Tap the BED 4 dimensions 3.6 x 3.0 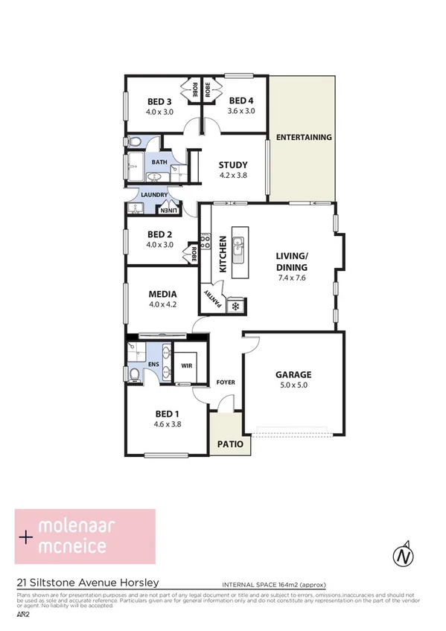pos(241,111)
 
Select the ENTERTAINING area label pos(302,138)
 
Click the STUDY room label pos(232,165)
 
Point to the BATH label pos(159,161)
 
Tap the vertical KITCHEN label pos(222,253)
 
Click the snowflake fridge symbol pos(238,305)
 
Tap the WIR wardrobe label pos(186,366)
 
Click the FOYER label pos(226,382)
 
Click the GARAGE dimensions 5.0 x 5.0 pos(293,385)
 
